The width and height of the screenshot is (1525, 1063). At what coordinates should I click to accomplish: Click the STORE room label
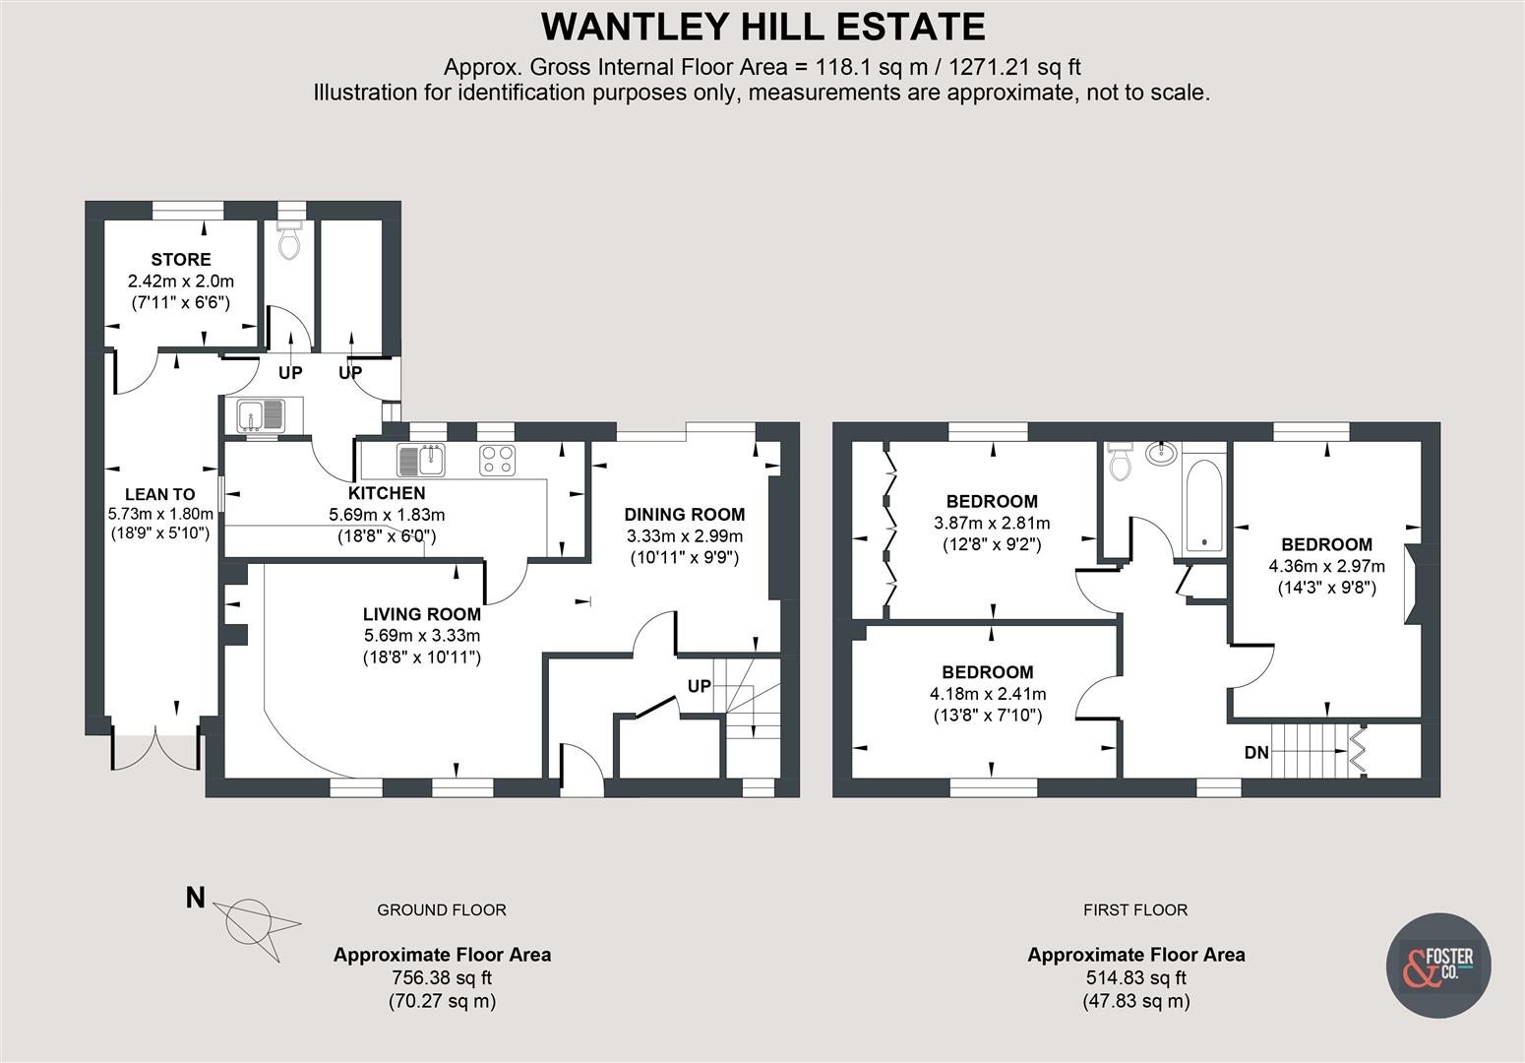coord(181,260)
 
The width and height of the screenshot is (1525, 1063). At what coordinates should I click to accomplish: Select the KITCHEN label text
coord(387,493)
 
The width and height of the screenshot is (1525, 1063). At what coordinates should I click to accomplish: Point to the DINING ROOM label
coord(685,514)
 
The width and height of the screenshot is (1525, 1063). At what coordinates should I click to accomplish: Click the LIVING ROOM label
coord(422,614)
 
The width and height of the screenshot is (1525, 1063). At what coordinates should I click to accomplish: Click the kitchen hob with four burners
coord(498,461)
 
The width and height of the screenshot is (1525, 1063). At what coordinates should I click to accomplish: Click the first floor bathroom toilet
coord(1120,462)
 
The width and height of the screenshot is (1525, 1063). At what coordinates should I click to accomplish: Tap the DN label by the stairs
coord(1256,753)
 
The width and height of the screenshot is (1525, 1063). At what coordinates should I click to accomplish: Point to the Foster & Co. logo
coord(1437,965)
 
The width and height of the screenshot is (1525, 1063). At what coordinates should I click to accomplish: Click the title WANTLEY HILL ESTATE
coord(762,27)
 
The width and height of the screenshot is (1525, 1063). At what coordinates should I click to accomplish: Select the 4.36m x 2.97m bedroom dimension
coord(1326,566)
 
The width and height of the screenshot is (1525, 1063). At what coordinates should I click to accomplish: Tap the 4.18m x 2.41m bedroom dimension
coord(988,694)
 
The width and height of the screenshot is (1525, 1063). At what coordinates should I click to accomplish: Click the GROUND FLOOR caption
coord(442,910)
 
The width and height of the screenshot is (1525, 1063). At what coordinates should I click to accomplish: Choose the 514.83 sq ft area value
coord(1136,978)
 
